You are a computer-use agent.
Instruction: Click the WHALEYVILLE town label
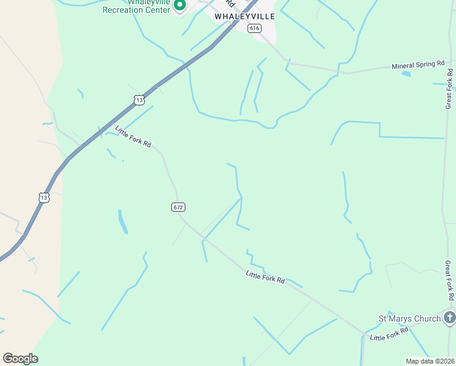244,16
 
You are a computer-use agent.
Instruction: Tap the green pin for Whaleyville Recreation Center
180,6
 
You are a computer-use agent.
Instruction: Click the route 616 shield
254,28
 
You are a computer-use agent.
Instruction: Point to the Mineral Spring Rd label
418,65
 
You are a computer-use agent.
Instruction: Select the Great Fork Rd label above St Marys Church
449,280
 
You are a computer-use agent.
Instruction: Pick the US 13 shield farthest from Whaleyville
43,197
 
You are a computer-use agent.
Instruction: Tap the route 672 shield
177,207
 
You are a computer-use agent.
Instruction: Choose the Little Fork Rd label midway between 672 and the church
265,277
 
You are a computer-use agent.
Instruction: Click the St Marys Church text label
409,318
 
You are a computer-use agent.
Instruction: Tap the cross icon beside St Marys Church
449,317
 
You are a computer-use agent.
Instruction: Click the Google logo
20,359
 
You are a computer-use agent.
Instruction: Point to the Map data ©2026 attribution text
430,361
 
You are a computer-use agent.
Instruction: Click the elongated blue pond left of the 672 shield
123,222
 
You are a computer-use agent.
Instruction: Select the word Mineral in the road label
403,66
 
